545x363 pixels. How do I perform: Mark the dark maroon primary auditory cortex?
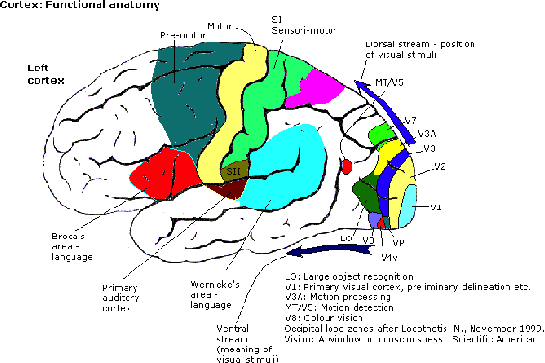pyautogui.click(x=231, y=188)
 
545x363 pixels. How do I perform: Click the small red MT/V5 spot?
pyautogui.click(x=348, y=168)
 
